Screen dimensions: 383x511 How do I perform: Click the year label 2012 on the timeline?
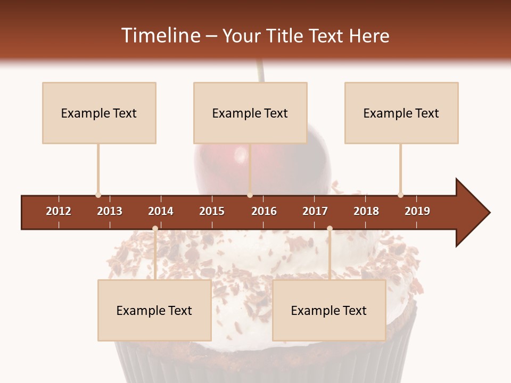coord(59,211)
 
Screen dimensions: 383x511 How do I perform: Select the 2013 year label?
coord(110,211)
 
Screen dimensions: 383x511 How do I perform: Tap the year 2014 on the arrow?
coord(161,211)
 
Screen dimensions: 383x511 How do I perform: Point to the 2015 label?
coord(212,211)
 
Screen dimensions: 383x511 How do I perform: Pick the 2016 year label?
coord(264,211)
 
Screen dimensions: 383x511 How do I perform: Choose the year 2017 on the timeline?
coord(315,211)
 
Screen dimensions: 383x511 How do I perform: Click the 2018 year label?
coord(366,211)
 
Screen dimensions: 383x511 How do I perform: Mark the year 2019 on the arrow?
coord(417,211)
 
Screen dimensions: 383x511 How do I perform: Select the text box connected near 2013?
coord(99,113)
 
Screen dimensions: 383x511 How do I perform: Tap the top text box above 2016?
coord(250,113)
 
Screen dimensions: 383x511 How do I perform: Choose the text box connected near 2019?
coord(401,113)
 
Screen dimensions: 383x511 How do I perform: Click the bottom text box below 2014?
coord(154,311)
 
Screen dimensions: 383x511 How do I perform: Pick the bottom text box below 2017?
coord(329,311)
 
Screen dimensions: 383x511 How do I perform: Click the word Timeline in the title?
coord(161,36)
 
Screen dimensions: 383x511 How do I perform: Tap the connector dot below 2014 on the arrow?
coord(155,228)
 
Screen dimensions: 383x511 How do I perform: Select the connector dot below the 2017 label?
coord(329,228)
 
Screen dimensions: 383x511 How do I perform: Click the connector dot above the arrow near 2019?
coord(400,195)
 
